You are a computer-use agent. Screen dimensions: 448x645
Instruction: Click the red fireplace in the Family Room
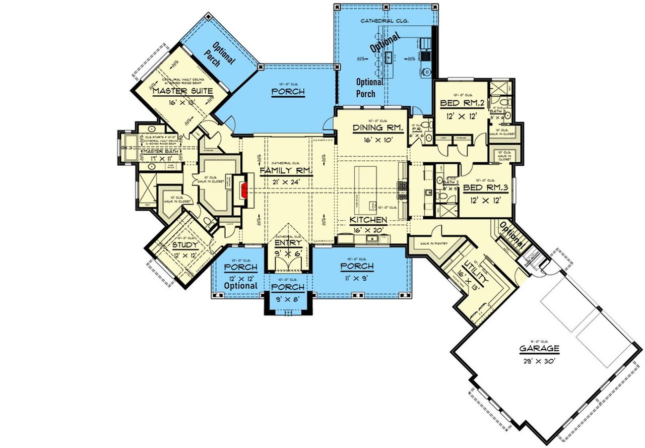[245, 191]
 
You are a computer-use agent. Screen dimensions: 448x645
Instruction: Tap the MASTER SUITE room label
[182, 91]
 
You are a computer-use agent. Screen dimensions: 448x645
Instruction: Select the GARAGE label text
[540, 348]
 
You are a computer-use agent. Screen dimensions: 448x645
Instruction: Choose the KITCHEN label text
[369, 220]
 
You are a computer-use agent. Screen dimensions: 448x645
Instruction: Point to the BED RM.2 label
[462, 103]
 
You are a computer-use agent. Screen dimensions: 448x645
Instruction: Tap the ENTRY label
[288, 243]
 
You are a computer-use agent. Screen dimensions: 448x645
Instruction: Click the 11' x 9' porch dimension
[357, 277]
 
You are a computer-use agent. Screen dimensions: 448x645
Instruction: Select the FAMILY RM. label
[286, 170]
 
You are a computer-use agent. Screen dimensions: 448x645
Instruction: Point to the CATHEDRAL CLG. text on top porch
[384, 21]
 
